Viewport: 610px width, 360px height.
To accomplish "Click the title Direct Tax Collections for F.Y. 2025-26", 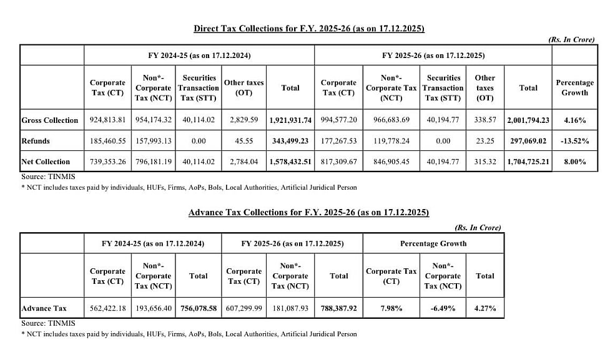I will coord(309,29).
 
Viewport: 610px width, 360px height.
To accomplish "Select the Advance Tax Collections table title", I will coord(308,213).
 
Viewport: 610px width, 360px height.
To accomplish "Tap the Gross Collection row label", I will coord(50,120).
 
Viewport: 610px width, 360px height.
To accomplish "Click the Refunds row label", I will coord(36,141).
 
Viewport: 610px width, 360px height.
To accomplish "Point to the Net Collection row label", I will coord(46,162).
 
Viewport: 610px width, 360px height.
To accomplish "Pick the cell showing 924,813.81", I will coord(107,120).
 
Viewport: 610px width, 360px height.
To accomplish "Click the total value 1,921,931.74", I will coord(290,120).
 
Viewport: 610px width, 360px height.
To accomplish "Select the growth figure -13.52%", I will coord(574,141).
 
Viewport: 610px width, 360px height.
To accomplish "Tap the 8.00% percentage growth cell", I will coord(574,162).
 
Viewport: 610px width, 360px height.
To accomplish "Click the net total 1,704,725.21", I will coord(528,162).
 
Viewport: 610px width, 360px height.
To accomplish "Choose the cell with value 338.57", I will coord(485,120).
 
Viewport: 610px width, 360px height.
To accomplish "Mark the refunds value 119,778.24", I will coord(391,141).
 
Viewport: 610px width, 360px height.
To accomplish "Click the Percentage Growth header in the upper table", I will coord(574,87).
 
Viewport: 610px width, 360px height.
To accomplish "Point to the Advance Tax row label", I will coord(44,308).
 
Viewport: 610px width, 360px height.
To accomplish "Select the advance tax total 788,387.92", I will coord(339,308).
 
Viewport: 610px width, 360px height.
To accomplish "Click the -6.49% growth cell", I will coord(443,308).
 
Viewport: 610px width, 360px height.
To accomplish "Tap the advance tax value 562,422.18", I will coord(107,308).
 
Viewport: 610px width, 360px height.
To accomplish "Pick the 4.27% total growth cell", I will coord(485,308).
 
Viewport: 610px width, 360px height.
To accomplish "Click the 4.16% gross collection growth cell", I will coord(574,120).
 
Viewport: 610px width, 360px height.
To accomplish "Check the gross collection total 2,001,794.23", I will coord(528,120).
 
